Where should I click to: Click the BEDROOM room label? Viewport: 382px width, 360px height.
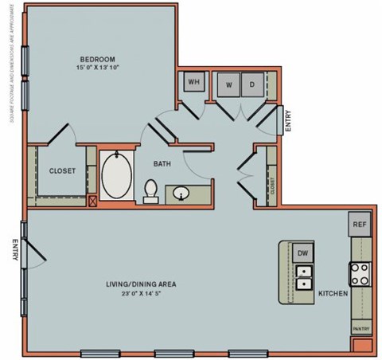coord(98,60)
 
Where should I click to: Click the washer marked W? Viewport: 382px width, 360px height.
coord(228,84)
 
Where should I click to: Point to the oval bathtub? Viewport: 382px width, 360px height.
coord(119,176)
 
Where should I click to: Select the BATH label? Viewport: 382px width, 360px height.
coord(162,165)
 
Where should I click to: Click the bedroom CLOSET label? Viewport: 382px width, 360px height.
coord(62,171)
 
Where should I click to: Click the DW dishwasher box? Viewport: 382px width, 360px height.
coord(302,253)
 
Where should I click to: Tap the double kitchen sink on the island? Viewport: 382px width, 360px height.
coord(303,276)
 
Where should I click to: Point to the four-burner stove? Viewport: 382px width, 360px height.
coord(360,274)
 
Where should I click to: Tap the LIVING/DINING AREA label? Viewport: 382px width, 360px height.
coord(142,284)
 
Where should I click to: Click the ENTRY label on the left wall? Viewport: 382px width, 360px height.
coord(14,252)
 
